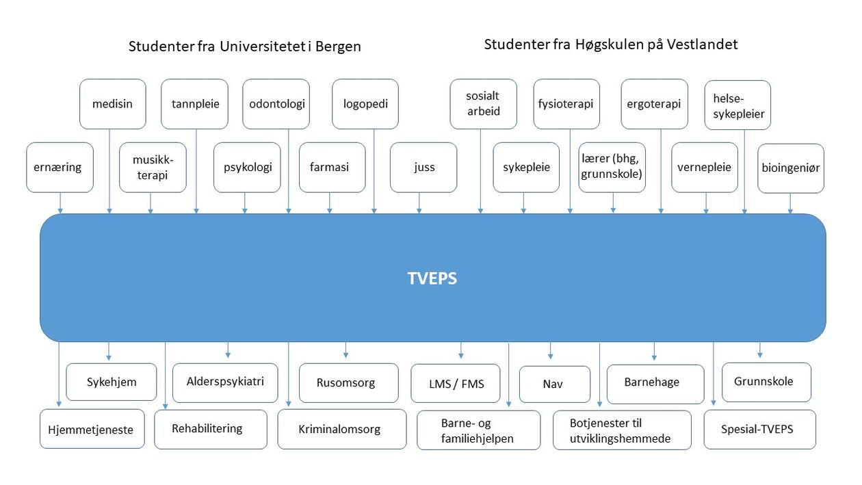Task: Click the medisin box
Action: coord(112,104)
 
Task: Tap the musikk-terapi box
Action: coord(152,167)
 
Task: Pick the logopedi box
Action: coord(365,104)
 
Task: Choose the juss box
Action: coord(423,167)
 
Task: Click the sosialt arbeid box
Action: coord(483,104)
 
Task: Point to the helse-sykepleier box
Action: coord(737,105)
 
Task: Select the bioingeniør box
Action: coord(791,168)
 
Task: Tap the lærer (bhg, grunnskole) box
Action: coord(612,167)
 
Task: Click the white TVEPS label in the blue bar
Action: coord(432,278)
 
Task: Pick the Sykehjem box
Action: coord(111,382)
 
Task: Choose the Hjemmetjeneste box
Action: coord(92,429)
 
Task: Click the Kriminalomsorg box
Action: coord(341,429)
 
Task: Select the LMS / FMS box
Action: coord(456,383)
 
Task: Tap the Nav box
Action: coord(554,384)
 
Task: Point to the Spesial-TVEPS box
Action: coord(759,429)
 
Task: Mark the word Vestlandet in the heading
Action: coord(705,44)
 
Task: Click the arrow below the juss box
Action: coord(419,203)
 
